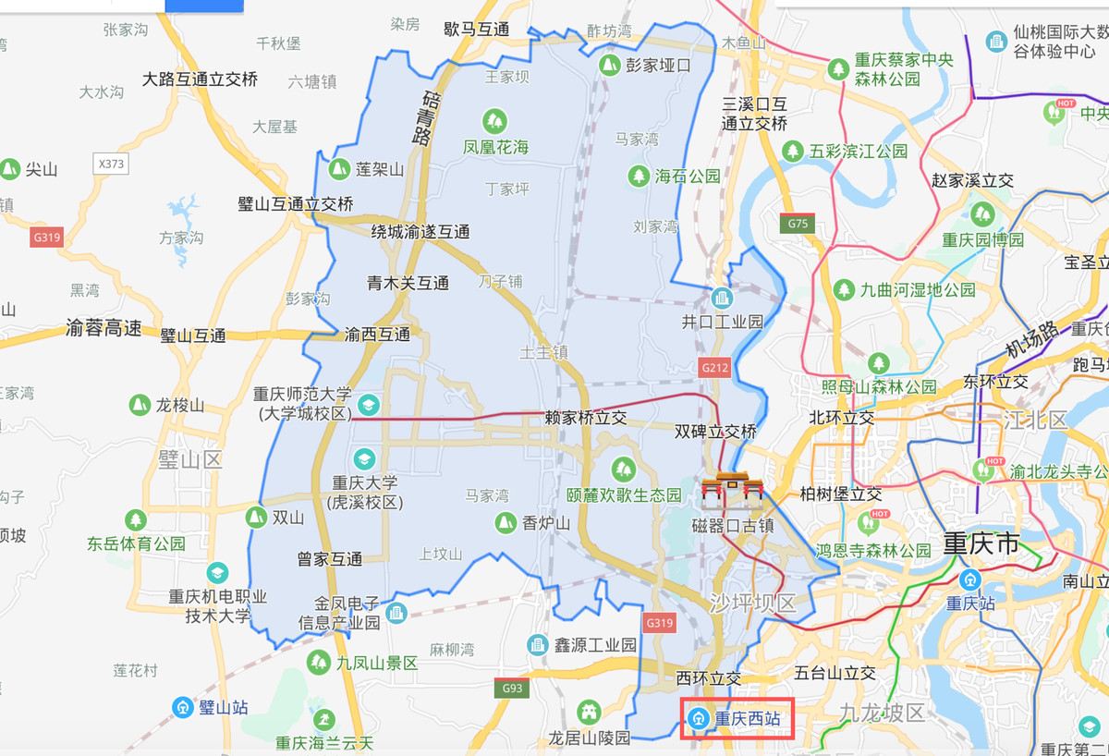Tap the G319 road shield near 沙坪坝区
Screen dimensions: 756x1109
(x=660, y=622)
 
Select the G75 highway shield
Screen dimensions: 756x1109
(x=798, y=223)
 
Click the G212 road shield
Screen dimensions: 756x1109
(x=714, y=367)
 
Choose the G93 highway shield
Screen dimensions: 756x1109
(x=511, y=688)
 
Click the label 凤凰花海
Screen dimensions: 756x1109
(x=495, y=147)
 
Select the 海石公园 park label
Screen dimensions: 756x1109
(x=687, y=176)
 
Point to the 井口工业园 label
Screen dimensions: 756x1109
(x=722, y=322)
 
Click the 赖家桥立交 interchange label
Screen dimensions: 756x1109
(x=585, y=418)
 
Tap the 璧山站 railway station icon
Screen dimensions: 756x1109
(x=184, y=708)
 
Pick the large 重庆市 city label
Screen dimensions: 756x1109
(x=981, y=543)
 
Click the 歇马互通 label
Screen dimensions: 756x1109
(x=476, y=29)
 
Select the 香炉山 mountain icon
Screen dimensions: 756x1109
(x=505, y=522)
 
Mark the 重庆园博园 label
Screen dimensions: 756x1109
(x=982, y=239)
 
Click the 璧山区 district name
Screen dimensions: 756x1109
(x=190, y=458)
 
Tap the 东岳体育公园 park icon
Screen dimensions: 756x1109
(x=137, y=520)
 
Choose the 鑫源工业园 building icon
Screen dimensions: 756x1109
(x=537, y=644)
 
